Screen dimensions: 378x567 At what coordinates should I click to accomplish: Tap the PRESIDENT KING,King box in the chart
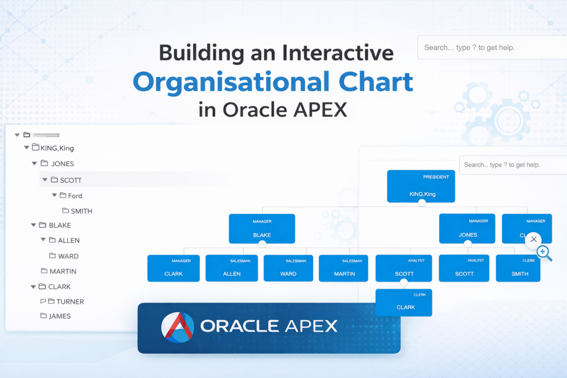pyautogui.click(x=421, y=186)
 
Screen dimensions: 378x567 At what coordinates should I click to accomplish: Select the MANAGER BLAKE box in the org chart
pyautogui.click(x=262, y=229)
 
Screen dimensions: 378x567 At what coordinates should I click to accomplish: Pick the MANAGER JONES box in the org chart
pyautogui.click(x=467, y=228)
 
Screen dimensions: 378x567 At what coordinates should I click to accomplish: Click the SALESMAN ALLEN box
pyautogui.click(x=231, y=268)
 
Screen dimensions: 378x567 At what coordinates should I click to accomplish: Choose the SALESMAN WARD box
pyautogui.click(x=288, y=268)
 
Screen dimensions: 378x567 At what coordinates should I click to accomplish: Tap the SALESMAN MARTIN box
pyautogui.click(x=344, y=268)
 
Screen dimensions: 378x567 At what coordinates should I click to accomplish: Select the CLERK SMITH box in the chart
pyautogui.click(x=518, y=268)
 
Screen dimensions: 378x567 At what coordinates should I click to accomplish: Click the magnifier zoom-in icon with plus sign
pyautogui.click(x=544, y=253)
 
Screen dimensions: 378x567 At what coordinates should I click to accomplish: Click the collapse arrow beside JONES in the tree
pyautogui.click(x=34, y=164)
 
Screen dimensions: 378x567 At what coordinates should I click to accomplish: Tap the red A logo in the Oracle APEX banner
pyautogui.click(x=177, y=327)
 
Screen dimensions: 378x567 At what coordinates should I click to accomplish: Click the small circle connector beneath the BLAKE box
pyautogui.click(x=262, y=244)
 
